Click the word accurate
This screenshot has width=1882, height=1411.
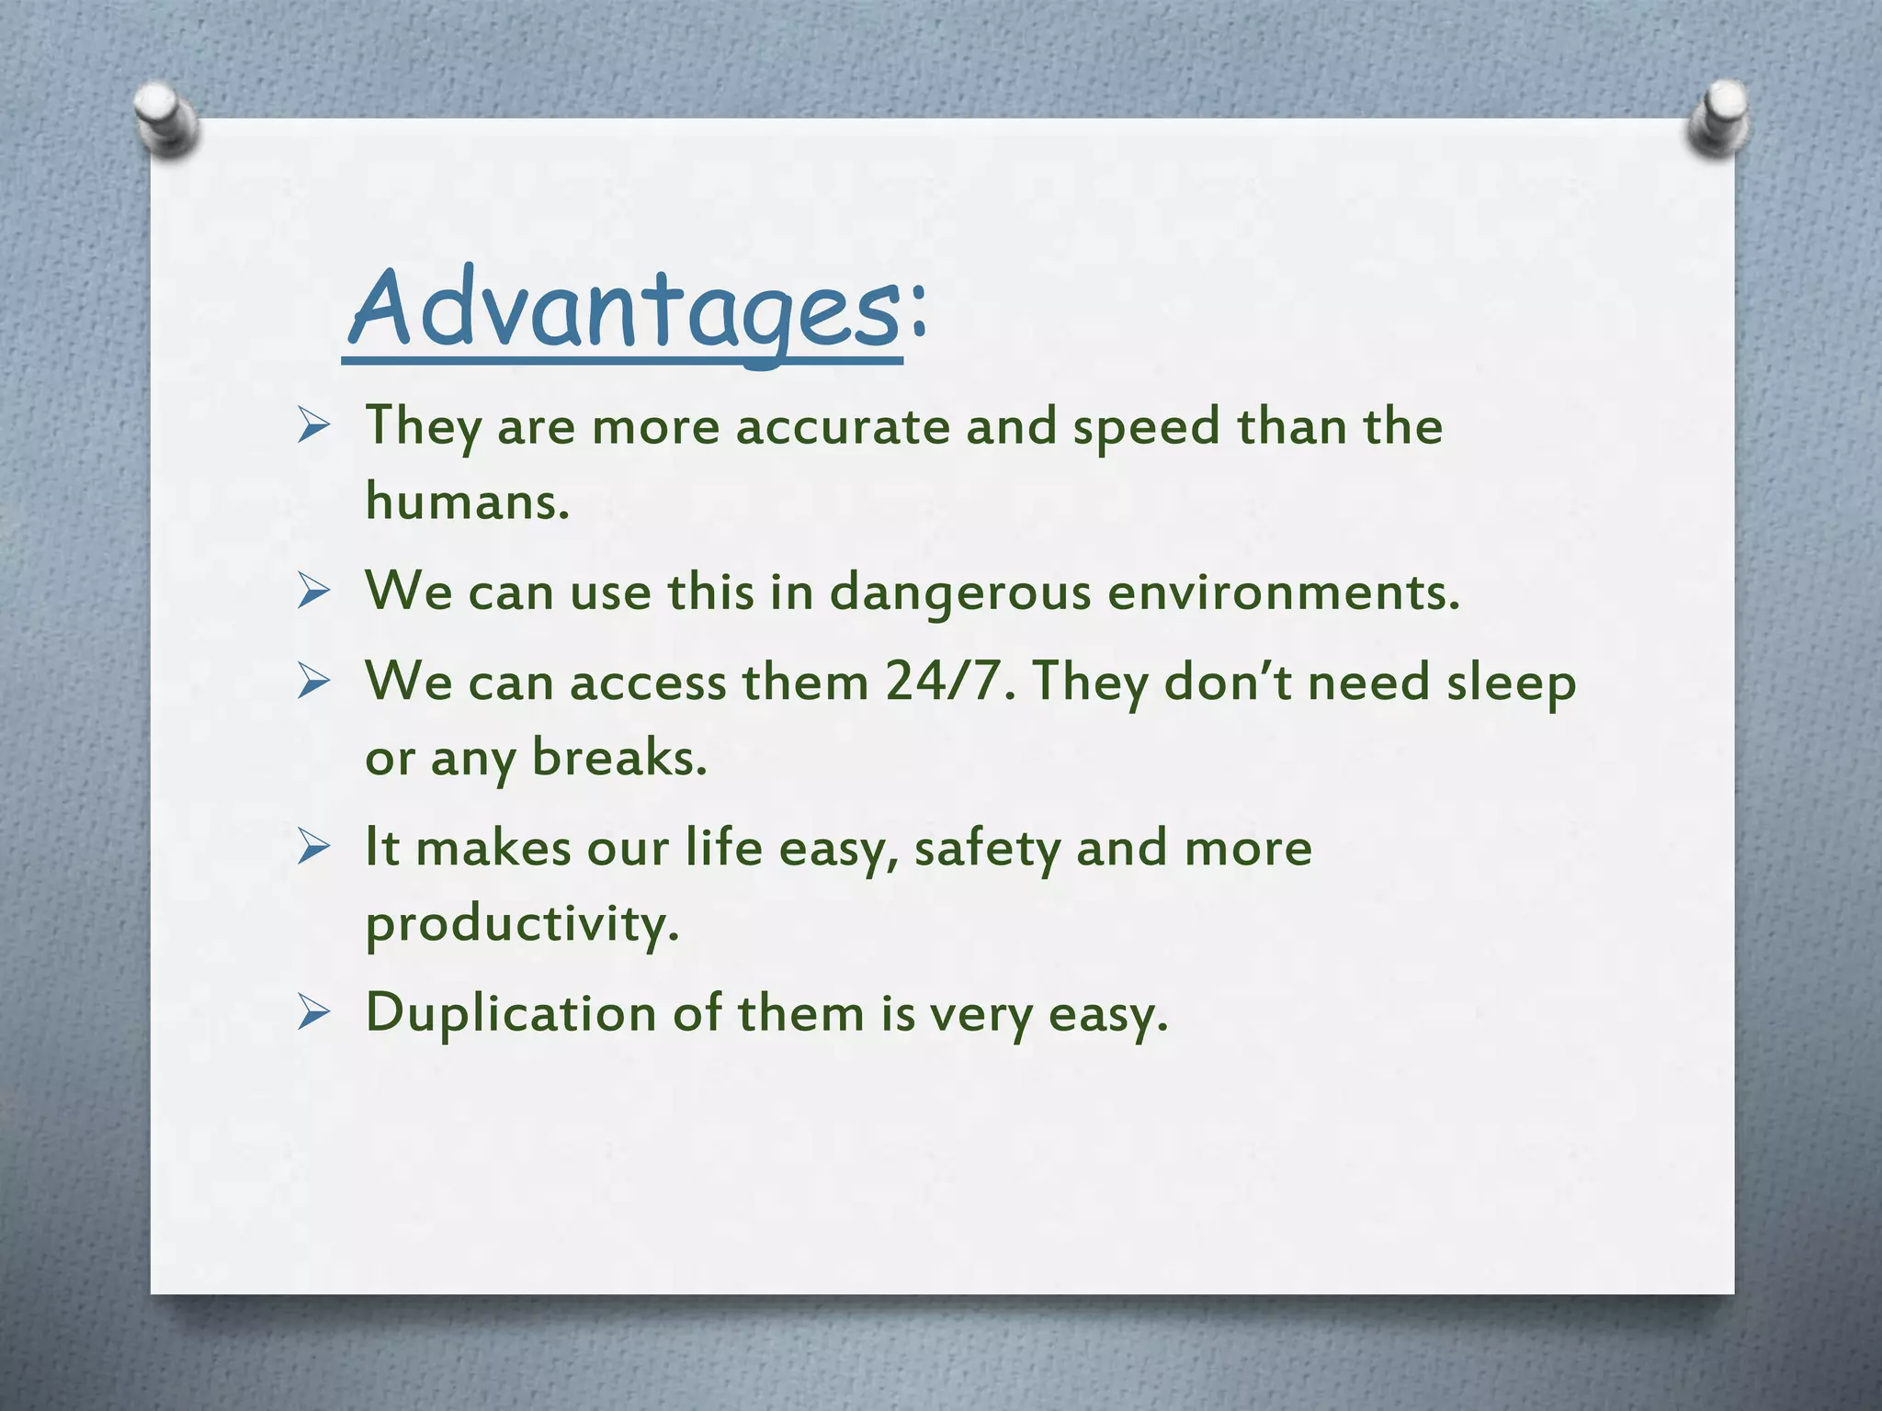pos(843,427)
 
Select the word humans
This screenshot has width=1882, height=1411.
pos(467,502)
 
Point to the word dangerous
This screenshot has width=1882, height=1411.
pos(960,592)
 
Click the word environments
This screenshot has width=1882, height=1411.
pos(1283,592)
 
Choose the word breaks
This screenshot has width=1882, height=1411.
pos(619,758)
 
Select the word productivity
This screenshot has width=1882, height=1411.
pos(522,924)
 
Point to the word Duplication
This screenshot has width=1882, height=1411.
pos(511,1014)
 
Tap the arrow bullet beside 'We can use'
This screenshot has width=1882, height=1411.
pos(313,593)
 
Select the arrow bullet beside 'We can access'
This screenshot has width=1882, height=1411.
pos(313,683)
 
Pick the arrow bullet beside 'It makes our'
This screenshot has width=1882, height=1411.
pos(313,848)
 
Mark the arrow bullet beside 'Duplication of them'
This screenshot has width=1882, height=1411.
pos(313,1013)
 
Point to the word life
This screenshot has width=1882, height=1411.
pos(723,847)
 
